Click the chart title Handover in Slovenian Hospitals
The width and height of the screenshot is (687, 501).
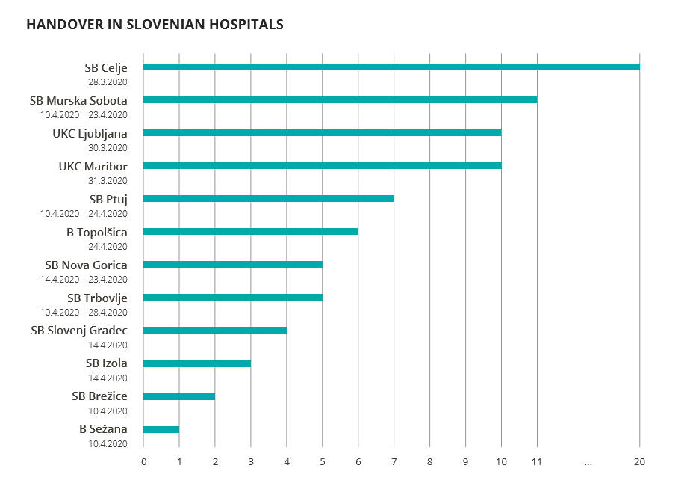click(x=155, y=25)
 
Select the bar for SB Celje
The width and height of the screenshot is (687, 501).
click(x=391, y=67)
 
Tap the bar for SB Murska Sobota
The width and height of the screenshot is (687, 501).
click(x=340, y=100)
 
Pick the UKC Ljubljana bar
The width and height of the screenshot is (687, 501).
click(x=322, y=133)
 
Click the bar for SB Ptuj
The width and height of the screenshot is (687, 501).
click(x=268, y=199)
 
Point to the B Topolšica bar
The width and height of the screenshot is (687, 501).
click(x=250, y=232)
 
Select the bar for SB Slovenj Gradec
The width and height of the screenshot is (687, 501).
click(x=214, y=331)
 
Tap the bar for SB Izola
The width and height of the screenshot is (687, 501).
click(x=196, y=363)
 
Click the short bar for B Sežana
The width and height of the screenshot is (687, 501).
click(x=161, y=429)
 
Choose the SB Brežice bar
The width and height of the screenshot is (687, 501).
click(x=178, y=396)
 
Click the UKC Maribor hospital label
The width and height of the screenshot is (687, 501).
click(x=93, y=166)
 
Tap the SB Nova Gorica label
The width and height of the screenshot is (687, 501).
click(x=86, y=265)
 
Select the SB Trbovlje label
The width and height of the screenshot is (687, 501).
click(x=96, y=298)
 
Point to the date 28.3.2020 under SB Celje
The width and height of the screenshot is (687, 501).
click(x=108, y=82)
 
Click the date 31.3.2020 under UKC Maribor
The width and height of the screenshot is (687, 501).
click(x=108, y=181)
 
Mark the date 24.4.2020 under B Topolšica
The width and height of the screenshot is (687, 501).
click(x=108, y=247)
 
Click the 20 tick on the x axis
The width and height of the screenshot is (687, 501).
click(x=639, y=462)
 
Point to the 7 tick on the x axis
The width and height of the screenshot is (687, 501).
click(x=394, y=462)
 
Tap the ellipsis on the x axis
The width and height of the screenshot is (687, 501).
click(x=588, y=462)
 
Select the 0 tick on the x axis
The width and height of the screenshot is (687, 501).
click(x=143, y=462)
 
